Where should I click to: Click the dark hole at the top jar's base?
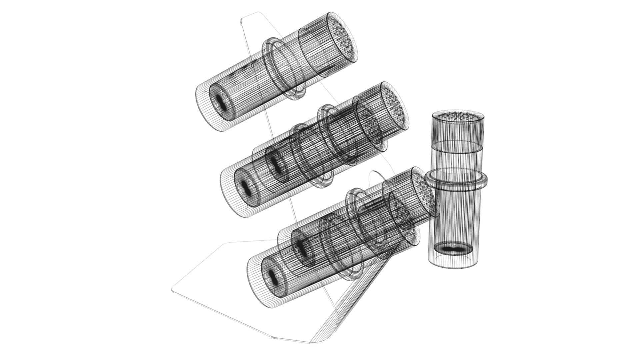coord(220,102)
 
